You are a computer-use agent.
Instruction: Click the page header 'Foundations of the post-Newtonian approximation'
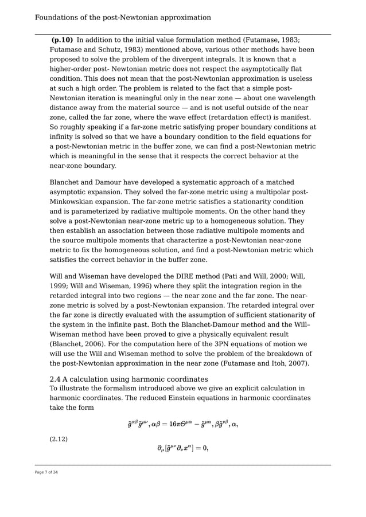[x=123, y=18]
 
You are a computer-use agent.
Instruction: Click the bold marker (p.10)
[x=62, y=40]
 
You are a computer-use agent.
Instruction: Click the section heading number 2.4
[x=56, y=379]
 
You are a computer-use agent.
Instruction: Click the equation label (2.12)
[x=59, y=439]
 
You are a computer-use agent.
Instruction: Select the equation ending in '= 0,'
[x=182, y=448]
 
